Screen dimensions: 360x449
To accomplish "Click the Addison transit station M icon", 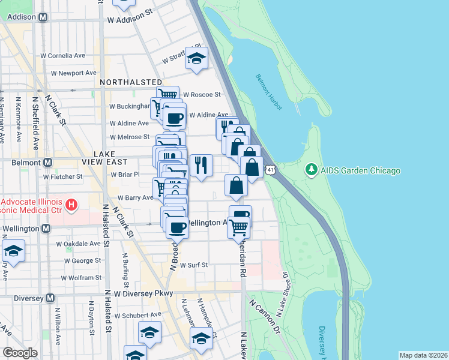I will (x=43, y=17).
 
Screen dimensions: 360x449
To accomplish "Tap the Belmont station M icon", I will (x=47, y=163).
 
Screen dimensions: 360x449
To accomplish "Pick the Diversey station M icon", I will (x=50, y=298).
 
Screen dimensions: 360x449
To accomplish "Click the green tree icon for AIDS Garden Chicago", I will (x=311, y=170).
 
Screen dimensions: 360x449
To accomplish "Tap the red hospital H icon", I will (x=71, y=206).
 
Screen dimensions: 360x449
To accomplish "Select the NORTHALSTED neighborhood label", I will (x=131, y=82).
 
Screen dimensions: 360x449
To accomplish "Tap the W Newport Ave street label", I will (x=73, y=73).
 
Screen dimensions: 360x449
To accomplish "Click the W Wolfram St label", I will (x=76, y=278).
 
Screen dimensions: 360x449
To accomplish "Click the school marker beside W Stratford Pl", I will (x=196, y=58).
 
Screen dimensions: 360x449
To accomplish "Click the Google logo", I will (x=20, y=353).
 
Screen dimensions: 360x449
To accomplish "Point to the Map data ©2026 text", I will (x=423, y=355).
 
